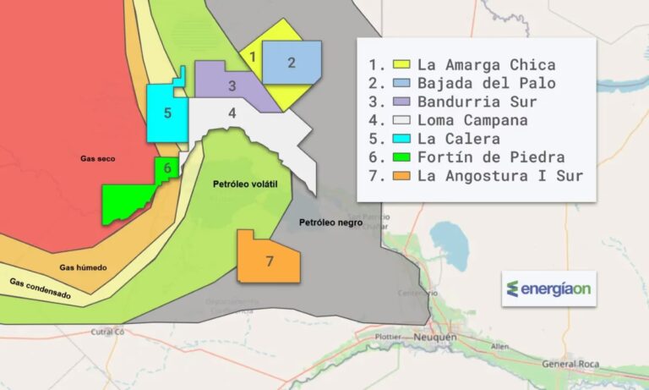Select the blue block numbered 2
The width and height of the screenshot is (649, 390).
[292, 62]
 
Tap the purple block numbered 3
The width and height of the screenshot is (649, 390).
[232, 85]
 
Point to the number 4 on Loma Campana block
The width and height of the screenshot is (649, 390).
[232, 113]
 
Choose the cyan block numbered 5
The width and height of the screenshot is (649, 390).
[168, 113]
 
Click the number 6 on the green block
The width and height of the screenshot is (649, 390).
[167, 168]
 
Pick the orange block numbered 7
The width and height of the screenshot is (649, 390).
[269, 261]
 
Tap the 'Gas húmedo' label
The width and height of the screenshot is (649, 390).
[83, 267]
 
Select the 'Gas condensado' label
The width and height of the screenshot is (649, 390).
[41, 288]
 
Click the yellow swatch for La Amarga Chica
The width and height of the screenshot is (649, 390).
[401, 64]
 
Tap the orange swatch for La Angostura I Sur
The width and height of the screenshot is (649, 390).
[401, 176]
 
